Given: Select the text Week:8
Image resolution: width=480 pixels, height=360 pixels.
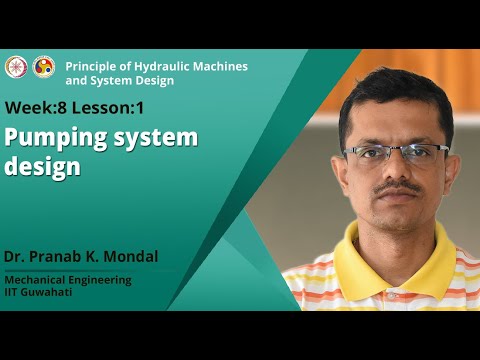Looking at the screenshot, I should [x=37, y=107].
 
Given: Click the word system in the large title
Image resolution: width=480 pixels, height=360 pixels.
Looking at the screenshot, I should [x=158, y=137].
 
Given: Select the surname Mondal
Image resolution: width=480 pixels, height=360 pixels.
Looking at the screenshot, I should [x=128, y=256].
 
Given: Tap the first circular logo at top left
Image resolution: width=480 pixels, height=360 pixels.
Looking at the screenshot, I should [x=15, y=66].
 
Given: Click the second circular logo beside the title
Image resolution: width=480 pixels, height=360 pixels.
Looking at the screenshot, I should [x=43, y=66].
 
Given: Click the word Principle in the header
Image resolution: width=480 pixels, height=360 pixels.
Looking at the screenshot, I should [x=90, y=66].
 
